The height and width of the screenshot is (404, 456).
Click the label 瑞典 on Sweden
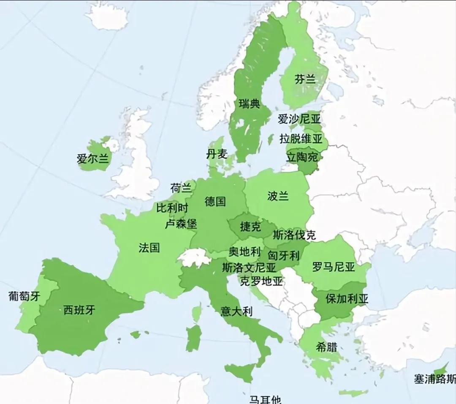click(249, 104)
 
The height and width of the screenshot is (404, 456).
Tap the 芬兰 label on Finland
click(305, 79)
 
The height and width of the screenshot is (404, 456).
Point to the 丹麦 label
click(217, 154)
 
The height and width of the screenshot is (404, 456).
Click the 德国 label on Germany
click(215, 202)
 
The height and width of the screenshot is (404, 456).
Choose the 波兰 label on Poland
click(278, 196)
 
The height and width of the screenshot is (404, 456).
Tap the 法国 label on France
click(149, 248)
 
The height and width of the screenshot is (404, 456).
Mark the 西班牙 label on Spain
click(79, 311)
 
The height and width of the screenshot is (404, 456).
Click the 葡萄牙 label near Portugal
click(24, 296)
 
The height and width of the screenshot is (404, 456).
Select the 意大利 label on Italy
click(236, 312)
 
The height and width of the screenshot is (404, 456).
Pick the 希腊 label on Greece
click(326, 347)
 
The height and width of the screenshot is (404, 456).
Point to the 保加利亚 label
click(347, 299)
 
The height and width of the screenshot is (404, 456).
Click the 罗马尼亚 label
click(334, 267)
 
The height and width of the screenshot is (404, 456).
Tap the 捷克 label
click(250, 227)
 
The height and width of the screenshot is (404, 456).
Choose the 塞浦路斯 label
click(435, 379)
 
